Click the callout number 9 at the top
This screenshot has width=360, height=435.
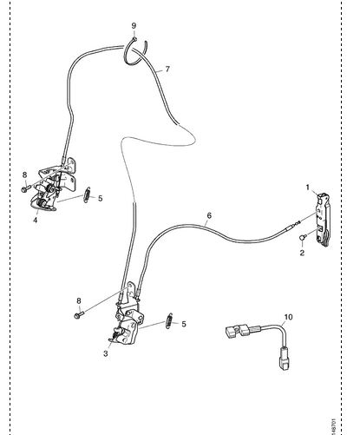pyautogui.click(x=134, y=26)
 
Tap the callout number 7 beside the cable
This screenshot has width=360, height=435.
pyautogui.click(x=167, y=69)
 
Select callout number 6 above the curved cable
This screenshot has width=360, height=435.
pyautogui.click(x=209, y=215)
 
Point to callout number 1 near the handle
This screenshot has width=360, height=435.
pyautogui.click(x=308, y=188)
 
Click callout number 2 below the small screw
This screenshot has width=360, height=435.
pyautogui.click(x=302, y=253)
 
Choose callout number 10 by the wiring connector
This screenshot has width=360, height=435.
pyautogui.click(x=288, y=317)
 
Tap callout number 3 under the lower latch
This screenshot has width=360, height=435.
pyautogui.click(x=106, y=353)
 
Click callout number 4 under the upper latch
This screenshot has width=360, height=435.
pyautogui.click(x=36, y=220)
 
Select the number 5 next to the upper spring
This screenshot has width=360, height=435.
pyautogui.click(x=100, y=199)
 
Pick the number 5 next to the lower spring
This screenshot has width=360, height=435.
pyautogui.click(x=184, y=324)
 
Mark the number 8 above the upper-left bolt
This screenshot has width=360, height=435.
pyautogui.click(x=24, y=175)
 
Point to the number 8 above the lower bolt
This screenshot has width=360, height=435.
pyautogui.click(x=79, y=301)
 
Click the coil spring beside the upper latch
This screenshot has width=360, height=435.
pyautogui.click(x=87, y=195)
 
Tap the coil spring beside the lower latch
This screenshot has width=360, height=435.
pyautogui.click(x=169, y=321)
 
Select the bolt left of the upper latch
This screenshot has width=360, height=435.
pyautogui.click(x=25, y=189)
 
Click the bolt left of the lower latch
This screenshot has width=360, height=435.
pyautogui.click(x=79, y=315)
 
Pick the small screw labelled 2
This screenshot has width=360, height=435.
pyautogui.click(x=302, y=237)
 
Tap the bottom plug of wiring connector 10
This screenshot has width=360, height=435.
pyautogui.click(x=285, y=359)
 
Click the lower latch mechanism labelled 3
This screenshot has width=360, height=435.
pyautogui.click(x=128, y=321)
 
